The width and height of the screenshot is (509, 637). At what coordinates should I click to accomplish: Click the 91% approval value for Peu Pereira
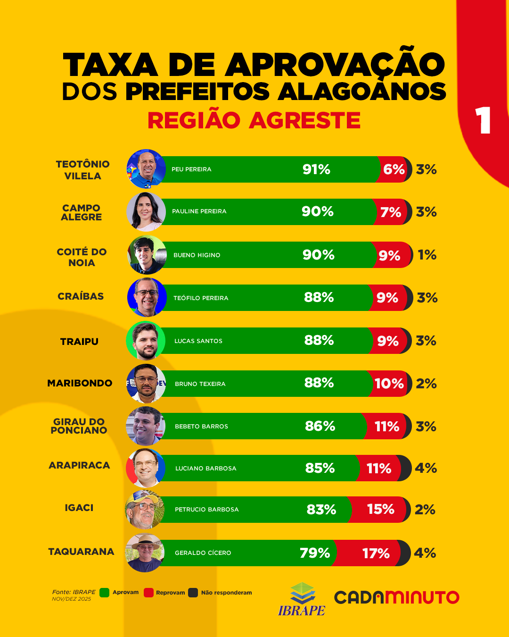point(316,169)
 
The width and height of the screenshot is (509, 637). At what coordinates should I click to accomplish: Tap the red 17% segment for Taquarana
point(376,553)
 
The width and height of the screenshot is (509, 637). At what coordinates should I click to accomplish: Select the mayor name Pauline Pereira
point(199,211)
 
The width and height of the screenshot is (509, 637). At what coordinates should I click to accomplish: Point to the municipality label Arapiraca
point(79,465)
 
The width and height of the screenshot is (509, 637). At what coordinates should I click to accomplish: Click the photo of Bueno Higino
point(147,255)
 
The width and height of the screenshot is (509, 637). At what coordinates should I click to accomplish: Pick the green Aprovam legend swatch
point(105,593)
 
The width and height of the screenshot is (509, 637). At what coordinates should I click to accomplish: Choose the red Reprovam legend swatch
point(148,593)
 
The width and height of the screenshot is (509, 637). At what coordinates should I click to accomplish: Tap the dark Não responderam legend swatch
point(193,593)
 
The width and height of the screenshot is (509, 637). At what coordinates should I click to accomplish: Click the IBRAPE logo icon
point(302,594)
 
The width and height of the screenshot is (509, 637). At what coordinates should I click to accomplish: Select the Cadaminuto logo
point(396,597)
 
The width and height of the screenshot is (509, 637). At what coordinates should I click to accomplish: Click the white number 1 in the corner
point(483,120)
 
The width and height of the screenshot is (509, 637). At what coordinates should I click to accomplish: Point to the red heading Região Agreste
point(254,120)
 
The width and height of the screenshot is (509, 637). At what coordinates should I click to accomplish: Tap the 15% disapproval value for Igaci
point(380,509)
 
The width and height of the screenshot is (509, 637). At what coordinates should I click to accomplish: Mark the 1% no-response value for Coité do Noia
point(427,255)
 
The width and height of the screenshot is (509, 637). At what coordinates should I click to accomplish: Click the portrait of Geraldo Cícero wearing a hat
point(145,553)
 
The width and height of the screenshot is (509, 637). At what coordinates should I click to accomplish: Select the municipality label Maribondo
point(80,383)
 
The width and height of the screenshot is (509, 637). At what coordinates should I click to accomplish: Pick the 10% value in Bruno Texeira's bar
point(389,384)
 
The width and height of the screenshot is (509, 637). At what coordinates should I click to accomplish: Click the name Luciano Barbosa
point(205,469)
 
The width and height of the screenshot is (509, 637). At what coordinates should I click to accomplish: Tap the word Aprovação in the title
point(335,65)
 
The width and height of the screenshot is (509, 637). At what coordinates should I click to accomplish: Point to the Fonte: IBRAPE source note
point(74,592)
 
